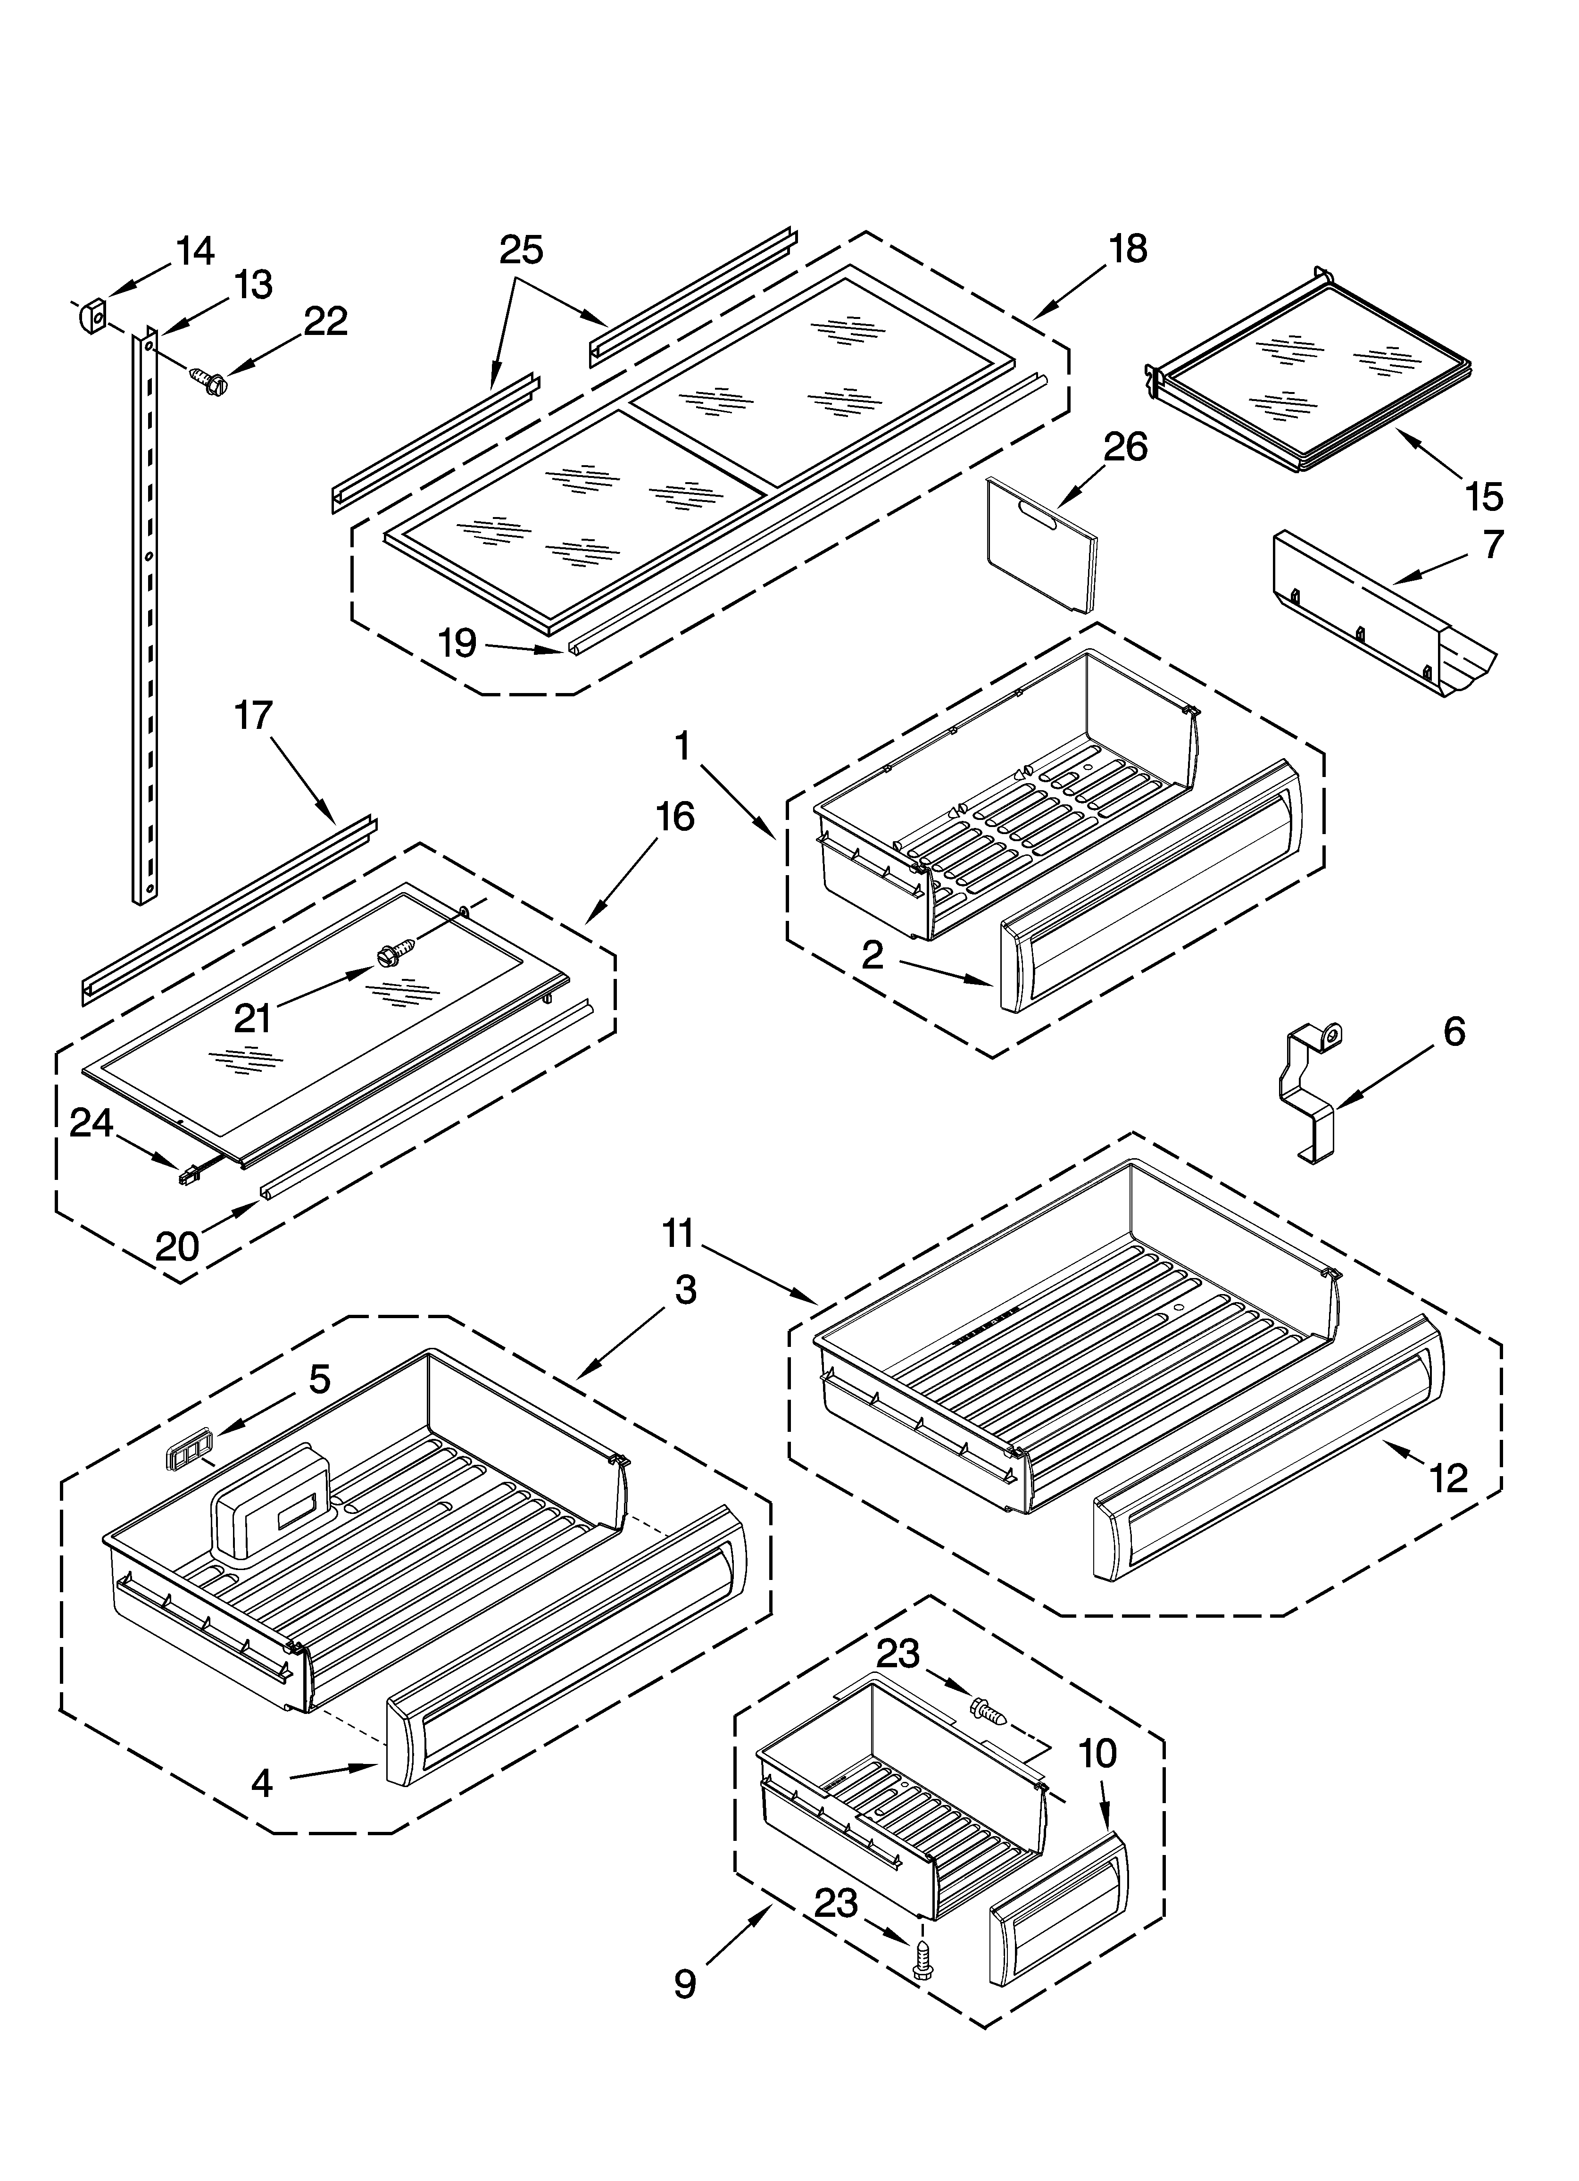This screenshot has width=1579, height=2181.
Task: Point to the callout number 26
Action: coord(1125,448)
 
